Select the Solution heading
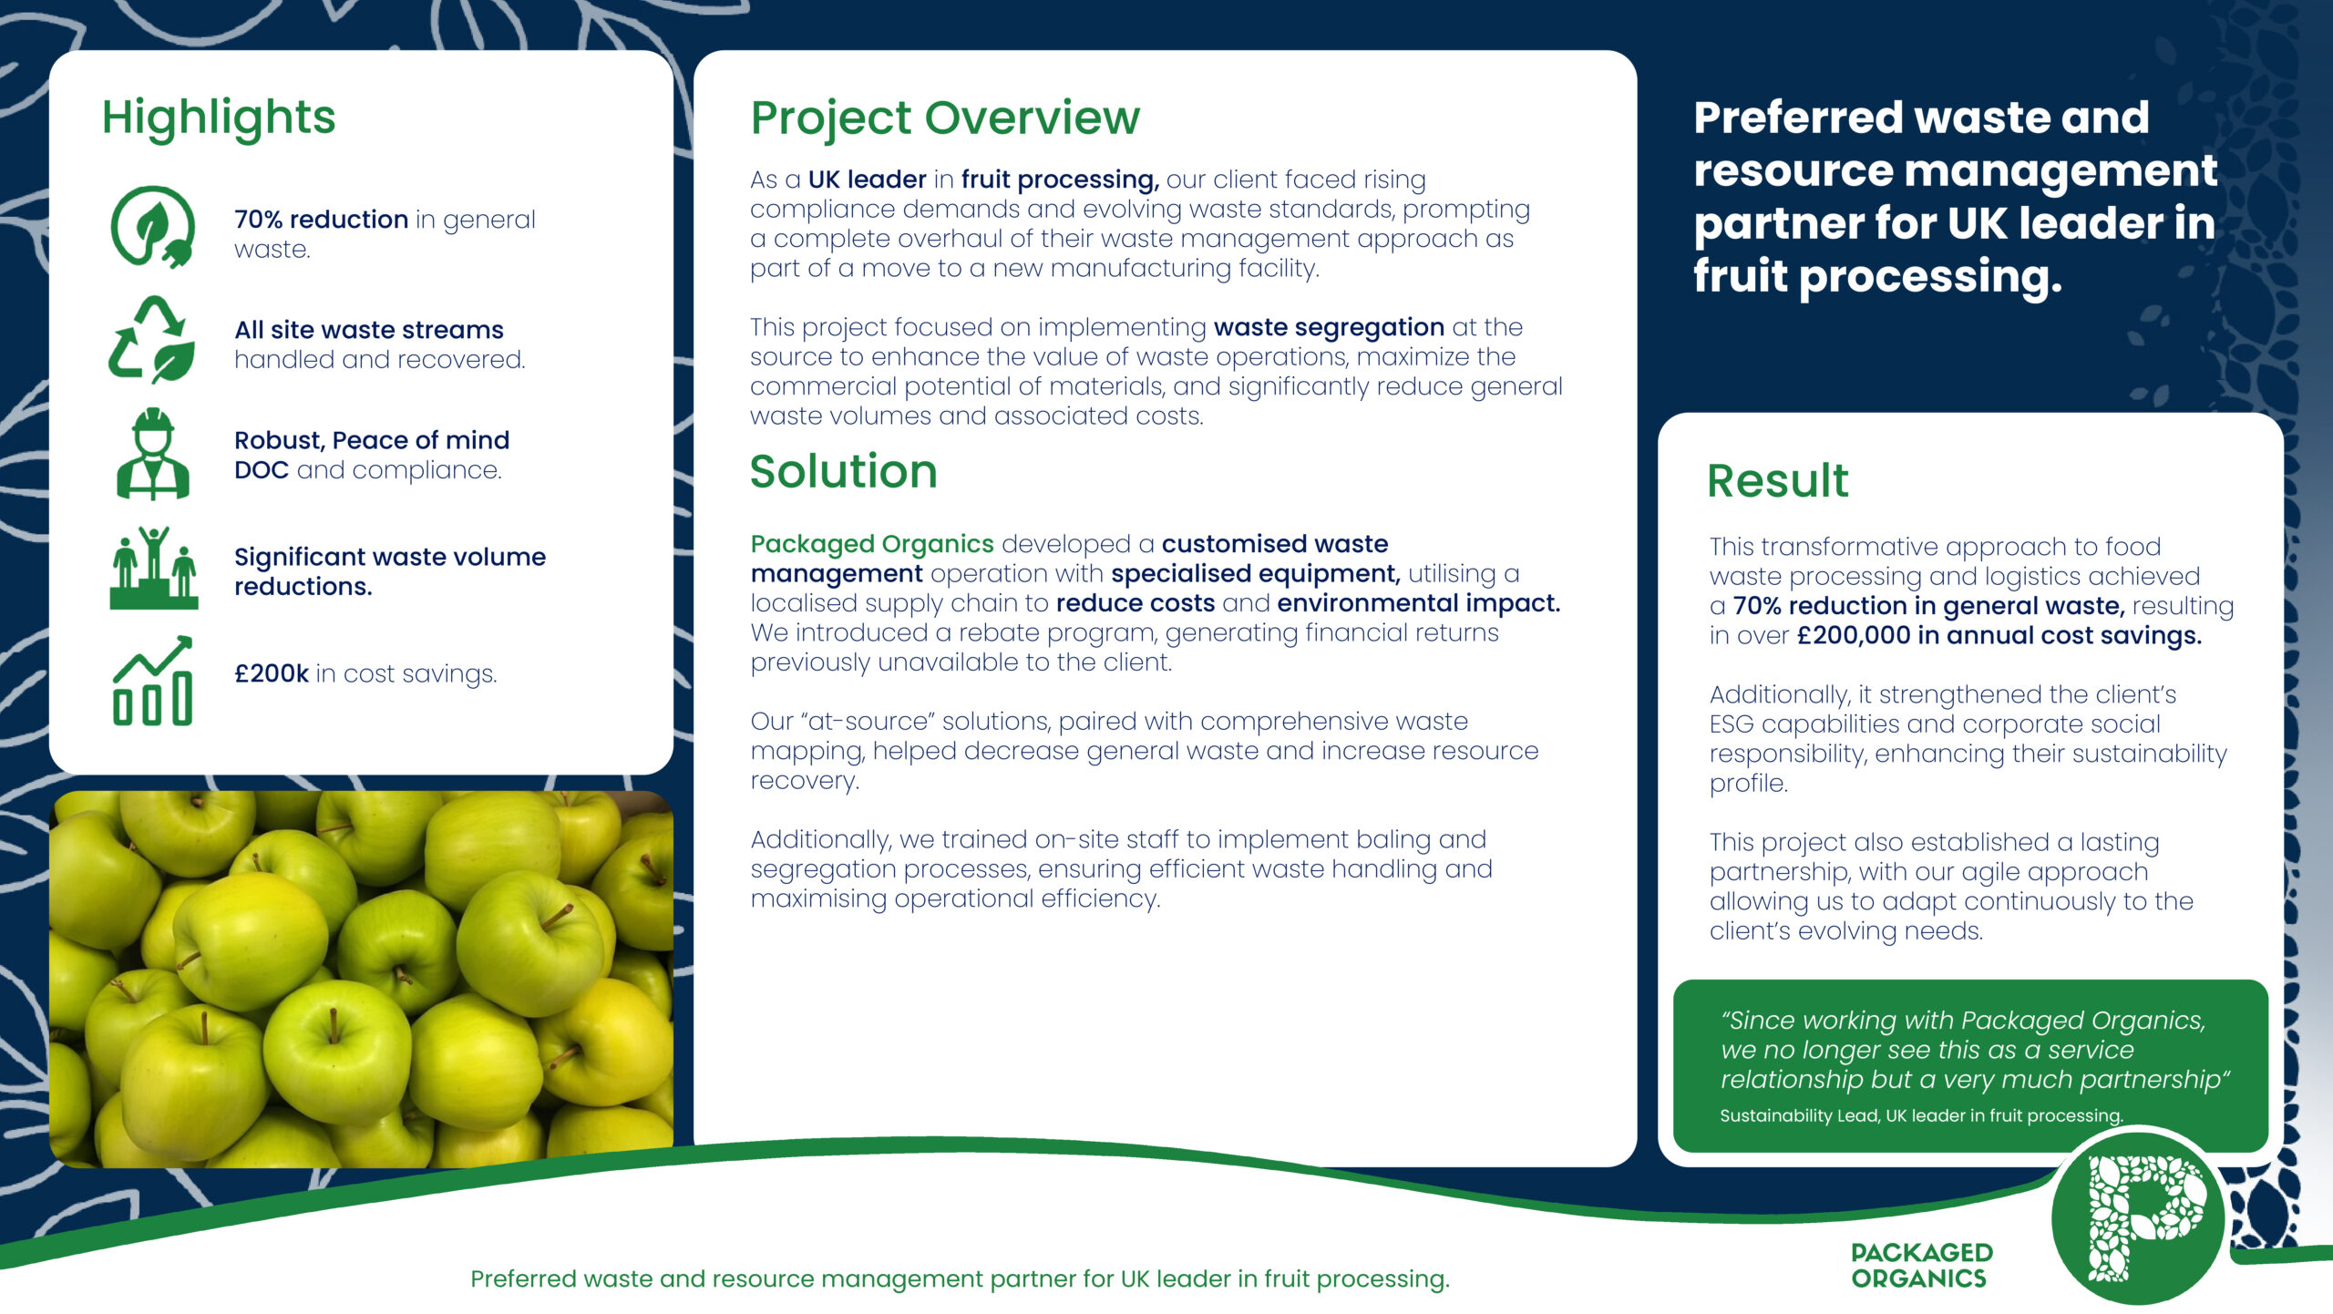844,471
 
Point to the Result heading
1778,480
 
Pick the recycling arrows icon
151,339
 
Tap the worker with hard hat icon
153,454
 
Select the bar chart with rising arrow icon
153,680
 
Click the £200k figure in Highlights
272,673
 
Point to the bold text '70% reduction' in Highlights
321,220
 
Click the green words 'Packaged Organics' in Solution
872,544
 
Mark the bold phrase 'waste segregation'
1329,327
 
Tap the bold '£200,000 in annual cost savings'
1999,635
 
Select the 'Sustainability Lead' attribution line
1921,1115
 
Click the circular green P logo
2138,1217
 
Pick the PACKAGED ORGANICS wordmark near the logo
1921,1266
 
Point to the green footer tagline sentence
960,1279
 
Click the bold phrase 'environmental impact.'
1419,603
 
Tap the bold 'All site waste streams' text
369,330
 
